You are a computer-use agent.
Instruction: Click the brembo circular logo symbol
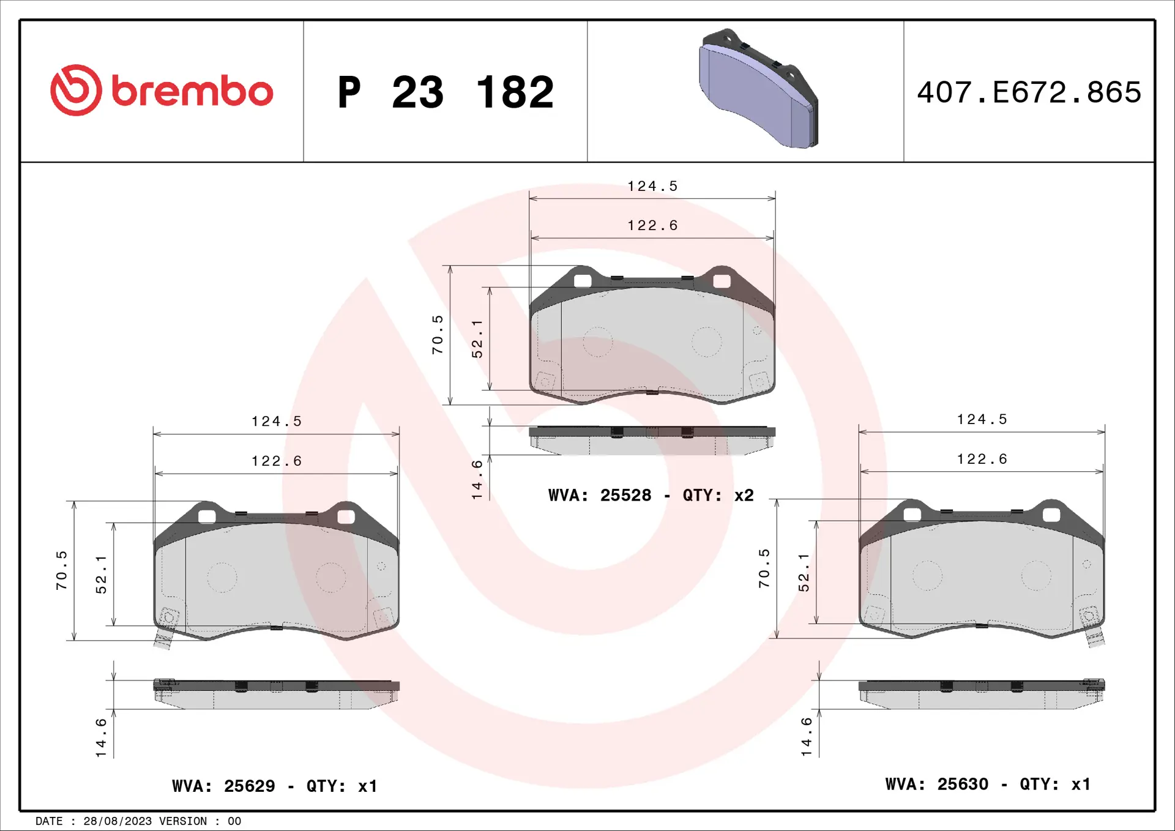pyautogui.click(x=76, y=90)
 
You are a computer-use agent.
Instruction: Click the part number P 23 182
pyautogui.click(x=446, y=92)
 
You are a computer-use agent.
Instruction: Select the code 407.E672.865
pyautogui.click(x=1029, y=92)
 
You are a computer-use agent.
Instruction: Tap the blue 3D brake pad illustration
pyautogui.click(x=759, y=88)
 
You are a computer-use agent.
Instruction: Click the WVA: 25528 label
pyautogui.click(x=600, y=495)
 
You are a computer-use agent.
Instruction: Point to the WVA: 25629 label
pyautogui.click(x=223, y=786)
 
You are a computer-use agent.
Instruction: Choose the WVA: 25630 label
pyautogui.click(x=936, y=784)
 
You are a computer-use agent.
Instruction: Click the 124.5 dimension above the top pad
pyautogui.click(x=652, y=186)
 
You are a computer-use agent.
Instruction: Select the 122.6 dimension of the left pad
pyautogui.click(x=277, y=461)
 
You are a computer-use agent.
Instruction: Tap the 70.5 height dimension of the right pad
pyautogui.click(x=764, y=568)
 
